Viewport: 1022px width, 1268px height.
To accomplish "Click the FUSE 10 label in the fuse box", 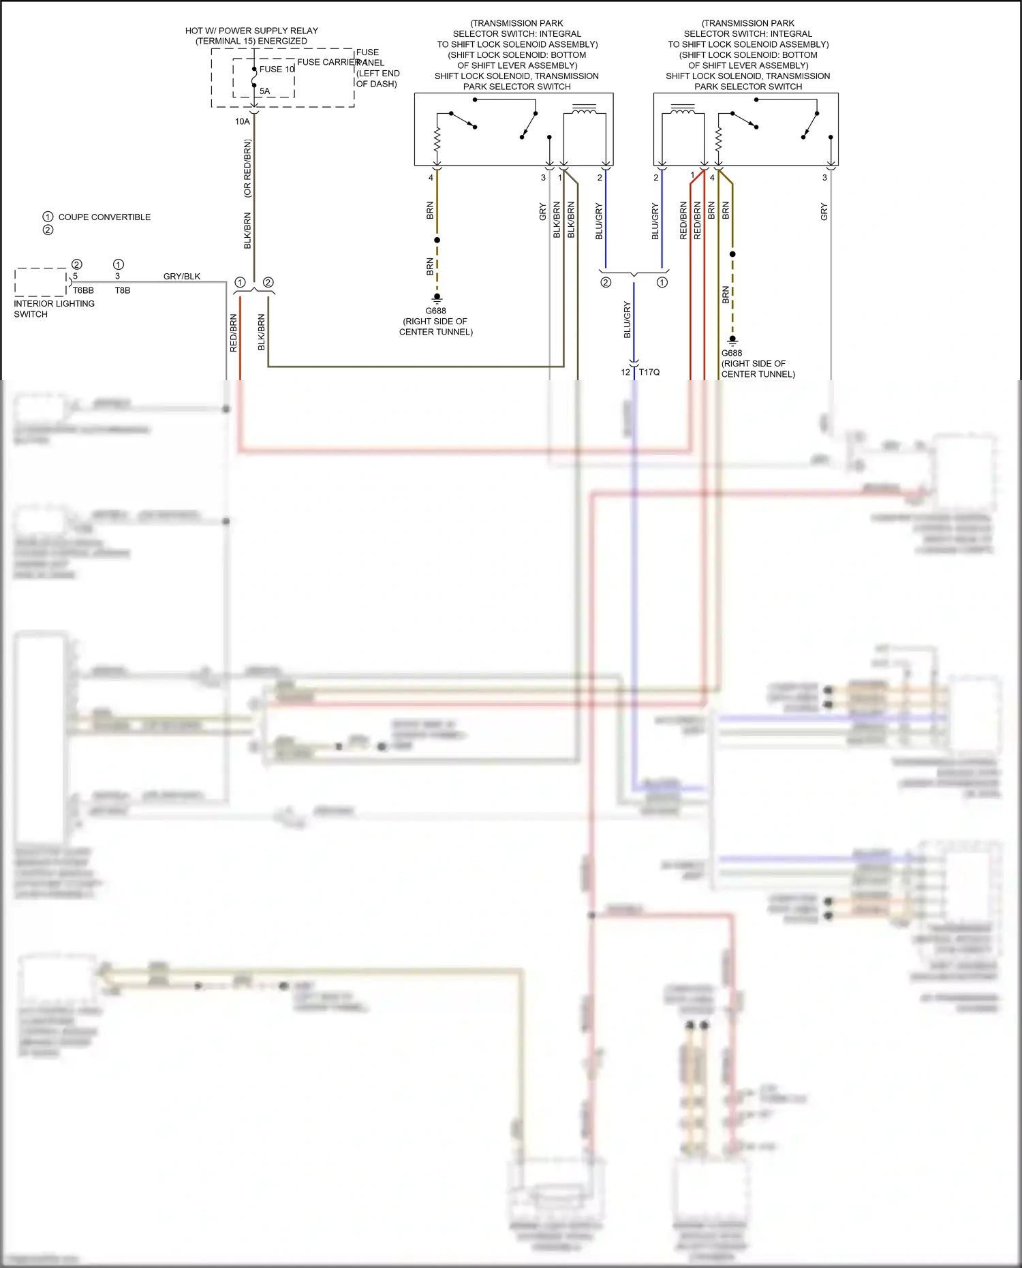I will click(277, 69).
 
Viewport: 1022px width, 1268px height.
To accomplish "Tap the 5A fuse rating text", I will click(264, 91).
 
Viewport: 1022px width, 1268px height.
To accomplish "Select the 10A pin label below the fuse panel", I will click(243, 122).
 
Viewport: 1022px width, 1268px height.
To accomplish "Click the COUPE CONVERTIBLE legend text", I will click(104, 217).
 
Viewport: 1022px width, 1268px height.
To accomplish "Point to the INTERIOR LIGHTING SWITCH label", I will click(54, 309).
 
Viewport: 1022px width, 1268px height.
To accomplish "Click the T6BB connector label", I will click(83, 291).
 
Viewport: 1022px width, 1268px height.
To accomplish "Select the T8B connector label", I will click(123, 291).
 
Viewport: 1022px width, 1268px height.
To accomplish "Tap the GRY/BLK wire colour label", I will click(182, 277).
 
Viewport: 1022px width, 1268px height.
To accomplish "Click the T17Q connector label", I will click(649, 373).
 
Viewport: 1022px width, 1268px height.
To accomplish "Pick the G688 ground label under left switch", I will click(436, 311).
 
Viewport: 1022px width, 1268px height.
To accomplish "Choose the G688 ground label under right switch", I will click(732, 354).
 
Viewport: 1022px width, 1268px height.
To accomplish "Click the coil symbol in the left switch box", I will click(585, 110).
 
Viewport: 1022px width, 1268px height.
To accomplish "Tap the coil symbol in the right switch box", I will click(683, 110).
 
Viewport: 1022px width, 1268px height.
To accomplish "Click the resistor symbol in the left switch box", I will click(437, 142).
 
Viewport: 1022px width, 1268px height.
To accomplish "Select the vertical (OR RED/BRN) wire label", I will click(247, 169).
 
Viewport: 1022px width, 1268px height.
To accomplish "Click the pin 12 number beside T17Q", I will click(625, 373).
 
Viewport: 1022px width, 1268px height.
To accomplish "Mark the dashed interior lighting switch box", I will click(40, 282).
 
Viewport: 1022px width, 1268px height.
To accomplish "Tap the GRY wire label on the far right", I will click(824, 211).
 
